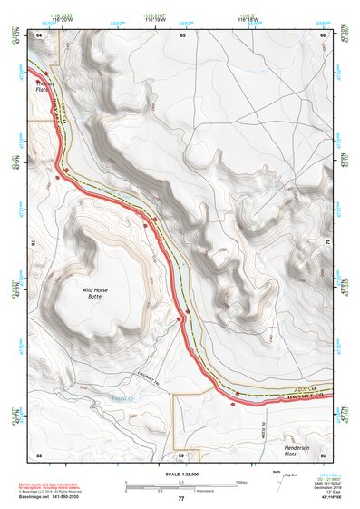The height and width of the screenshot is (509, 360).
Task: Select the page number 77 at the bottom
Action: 181,498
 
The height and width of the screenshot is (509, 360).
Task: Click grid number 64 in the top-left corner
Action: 39,35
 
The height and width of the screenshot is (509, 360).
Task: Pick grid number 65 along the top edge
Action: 182,35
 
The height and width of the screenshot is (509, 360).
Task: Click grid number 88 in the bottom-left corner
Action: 39,453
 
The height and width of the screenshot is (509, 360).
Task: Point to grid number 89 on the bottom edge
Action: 182,453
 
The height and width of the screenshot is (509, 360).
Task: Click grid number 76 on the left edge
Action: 36,243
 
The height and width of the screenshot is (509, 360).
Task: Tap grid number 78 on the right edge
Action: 326,243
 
